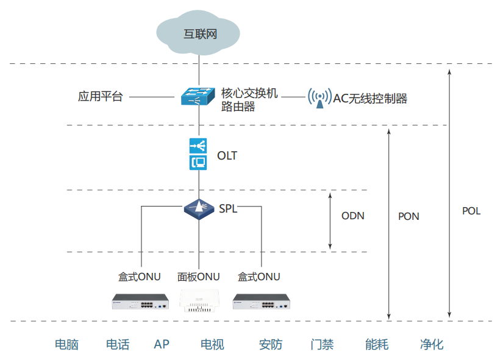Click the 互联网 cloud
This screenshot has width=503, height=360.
[200, 33]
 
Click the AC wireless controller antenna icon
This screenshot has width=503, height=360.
[319, 97]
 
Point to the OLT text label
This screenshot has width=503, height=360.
[227, 156]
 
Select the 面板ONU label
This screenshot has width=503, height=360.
[199, 277]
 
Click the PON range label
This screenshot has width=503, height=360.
[408, 216]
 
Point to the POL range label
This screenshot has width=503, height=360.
[471, 211]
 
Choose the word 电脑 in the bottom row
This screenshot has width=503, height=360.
[66, 344]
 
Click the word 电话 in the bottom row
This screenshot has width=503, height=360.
[118, 344]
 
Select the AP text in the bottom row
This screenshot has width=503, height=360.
[162, 344]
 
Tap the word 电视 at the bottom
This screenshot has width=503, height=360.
[212, 344]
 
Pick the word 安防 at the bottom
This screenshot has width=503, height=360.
[271, 344]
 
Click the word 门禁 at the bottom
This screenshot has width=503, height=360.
[322, 344]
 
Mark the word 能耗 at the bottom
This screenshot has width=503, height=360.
[377, 344]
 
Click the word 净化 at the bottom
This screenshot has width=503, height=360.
[432, 344]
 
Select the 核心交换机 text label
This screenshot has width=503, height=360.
[249, 93]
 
